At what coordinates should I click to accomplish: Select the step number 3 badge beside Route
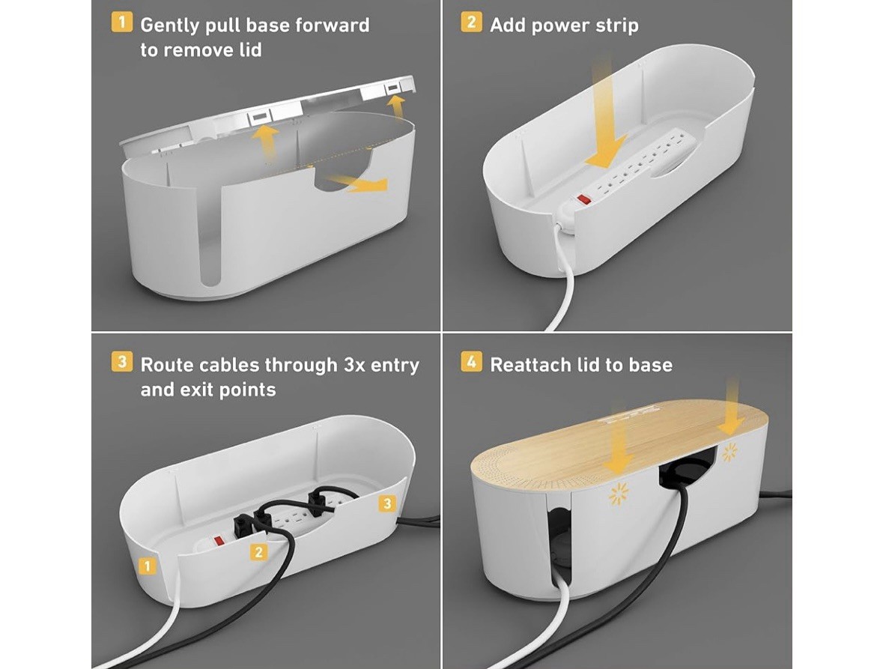[122, 362]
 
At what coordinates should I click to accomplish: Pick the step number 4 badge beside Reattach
[471, 362]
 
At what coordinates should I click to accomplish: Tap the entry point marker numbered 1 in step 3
[148, 566]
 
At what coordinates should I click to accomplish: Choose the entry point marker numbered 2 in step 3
[258, 552]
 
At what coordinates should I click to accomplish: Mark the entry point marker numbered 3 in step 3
[386, 503]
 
